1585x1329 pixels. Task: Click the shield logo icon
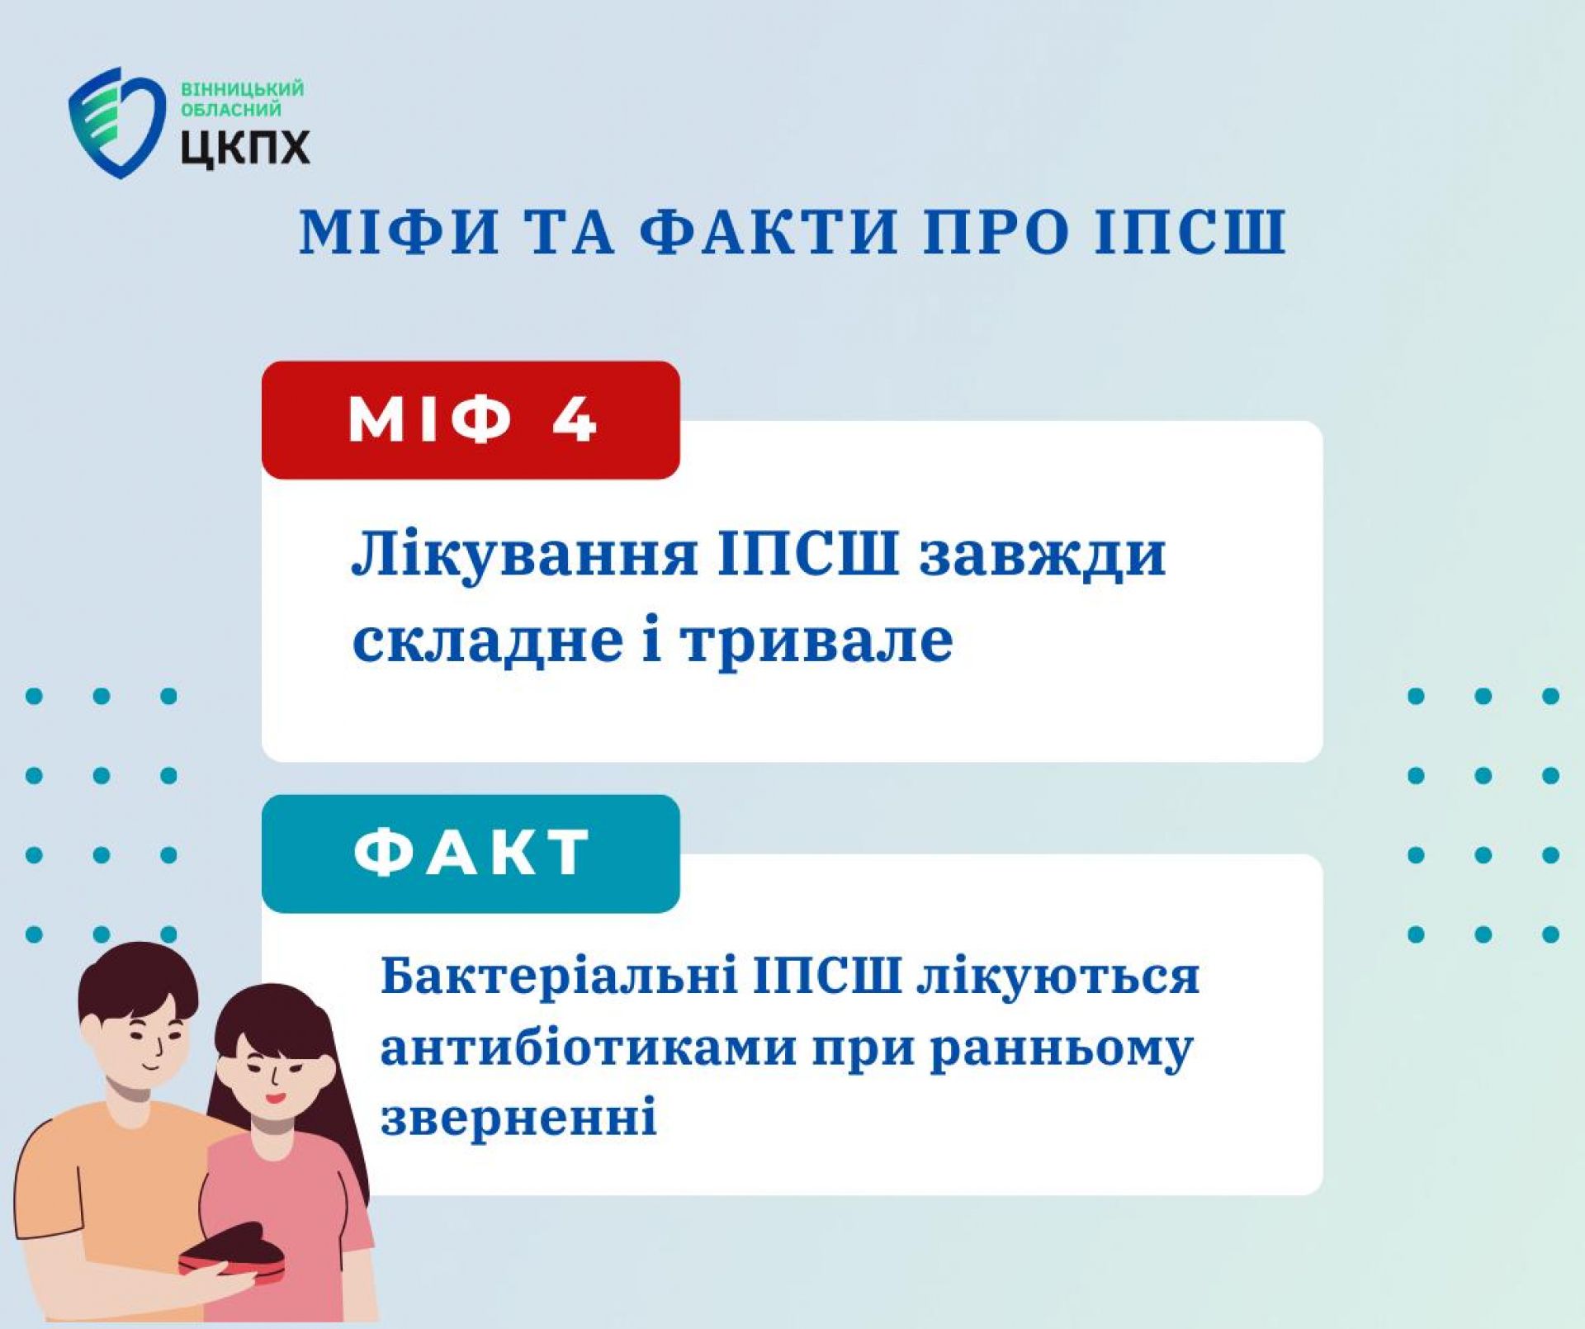(x=117, y=122)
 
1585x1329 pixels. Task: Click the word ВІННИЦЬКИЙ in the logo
(x=243, y=88)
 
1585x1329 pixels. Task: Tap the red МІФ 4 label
(x=471, y=419)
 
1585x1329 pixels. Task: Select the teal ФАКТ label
(x=471, y=853)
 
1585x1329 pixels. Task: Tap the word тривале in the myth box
(x=817, y=642)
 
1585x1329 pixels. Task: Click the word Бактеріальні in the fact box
(x=559, y=975)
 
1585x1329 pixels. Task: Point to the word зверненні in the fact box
(x=518, y=1118)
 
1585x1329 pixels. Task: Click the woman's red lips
(x=275, y=1099)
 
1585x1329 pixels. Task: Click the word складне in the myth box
(x=487, y=642)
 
